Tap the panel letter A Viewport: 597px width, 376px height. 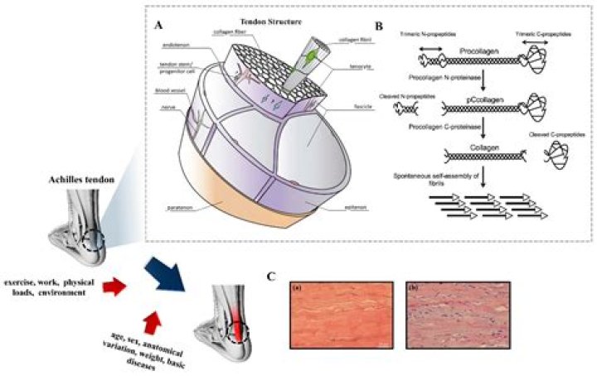[158, 26]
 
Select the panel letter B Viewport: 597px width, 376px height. [378, 26]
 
